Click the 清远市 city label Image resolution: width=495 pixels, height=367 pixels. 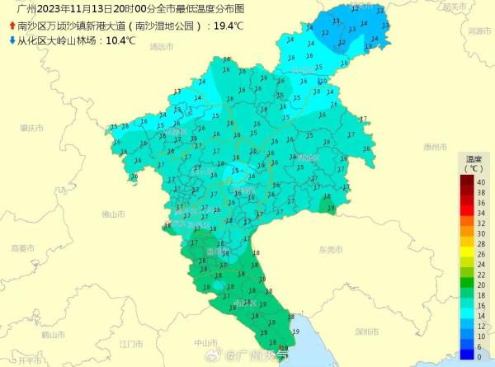pyautogui.click(x=162, y=47)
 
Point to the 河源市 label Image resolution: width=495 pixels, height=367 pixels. pyautogui.click(x=479, y=31)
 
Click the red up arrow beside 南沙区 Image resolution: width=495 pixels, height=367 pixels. pyautogui.click(x=11, y=26)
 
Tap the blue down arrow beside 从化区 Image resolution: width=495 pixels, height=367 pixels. pyautogui.click(x=11, y=40)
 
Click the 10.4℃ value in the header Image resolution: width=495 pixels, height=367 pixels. pyautogui.click(x=119, y=40)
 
